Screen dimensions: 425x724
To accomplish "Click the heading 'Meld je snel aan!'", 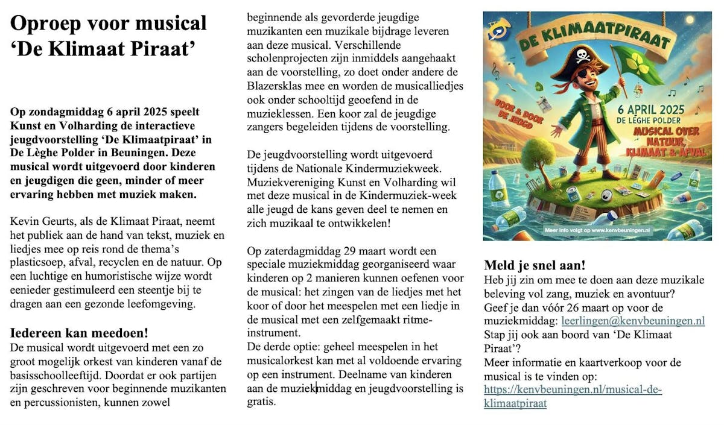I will pyautogui.click(x=535, y=265).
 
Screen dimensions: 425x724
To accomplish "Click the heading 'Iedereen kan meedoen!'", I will pyautogui.click(x=80, y=333).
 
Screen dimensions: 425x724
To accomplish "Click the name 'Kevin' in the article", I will pyautogui.click(x=25, y=222).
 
